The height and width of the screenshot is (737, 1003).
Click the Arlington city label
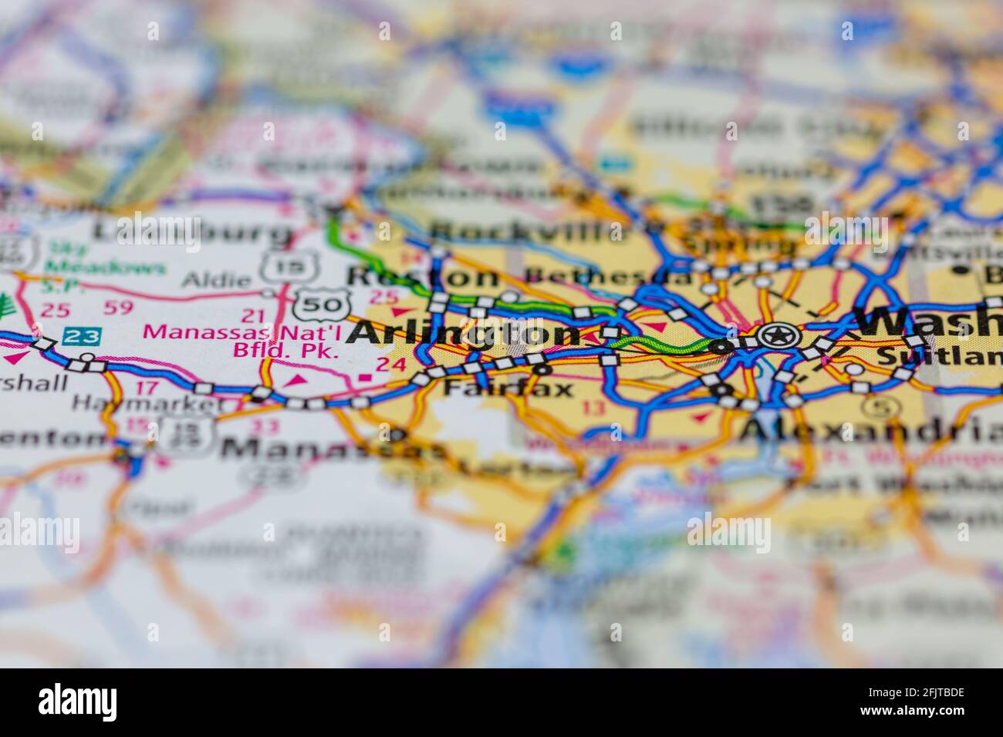(464, 334)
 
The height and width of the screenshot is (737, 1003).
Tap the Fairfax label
(508, 388)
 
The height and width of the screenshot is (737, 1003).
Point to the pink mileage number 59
(117, 310)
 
